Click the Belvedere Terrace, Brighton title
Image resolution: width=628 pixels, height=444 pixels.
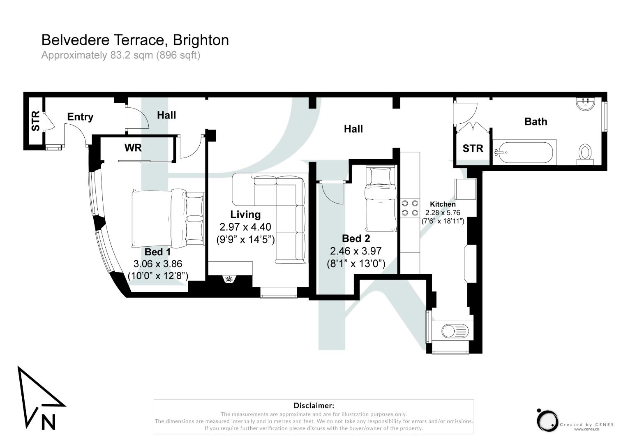tap(135, 40)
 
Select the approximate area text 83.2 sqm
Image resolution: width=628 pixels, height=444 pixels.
tap(120, 55)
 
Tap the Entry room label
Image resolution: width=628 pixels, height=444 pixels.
tap(80, 117)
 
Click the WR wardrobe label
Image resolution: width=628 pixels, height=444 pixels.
tap(133, 148)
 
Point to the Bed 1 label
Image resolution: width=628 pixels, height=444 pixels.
tap(157, 252)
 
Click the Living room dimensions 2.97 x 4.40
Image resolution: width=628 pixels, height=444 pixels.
tap(245, 227)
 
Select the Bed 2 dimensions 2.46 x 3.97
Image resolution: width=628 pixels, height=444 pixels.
tap(356, 251)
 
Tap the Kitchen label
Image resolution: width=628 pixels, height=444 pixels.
tap(443, 204)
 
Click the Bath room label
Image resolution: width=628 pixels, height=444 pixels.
tap(536, 121)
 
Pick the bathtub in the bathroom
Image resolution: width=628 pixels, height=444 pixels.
tap(524, 153)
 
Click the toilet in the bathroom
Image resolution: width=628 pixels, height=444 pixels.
tap(585, 153)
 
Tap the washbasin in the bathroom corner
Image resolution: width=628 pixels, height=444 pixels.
tap(585, 104)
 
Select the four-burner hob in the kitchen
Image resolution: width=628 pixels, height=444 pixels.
tap(409, 208)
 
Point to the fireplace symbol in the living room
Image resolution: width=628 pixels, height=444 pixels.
tap(229, 280)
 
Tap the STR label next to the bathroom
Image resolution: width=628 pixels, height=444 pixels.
tap(473, 148)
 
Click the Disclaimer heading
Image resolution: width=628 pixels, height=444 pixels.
tap(314, 406)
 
